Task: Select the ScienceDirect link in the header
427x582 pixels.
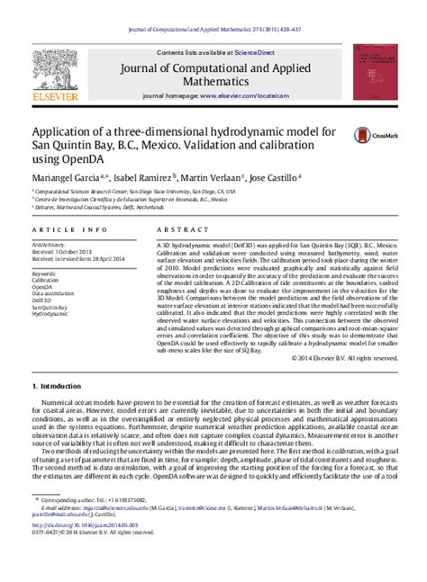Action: (x=256, y=54)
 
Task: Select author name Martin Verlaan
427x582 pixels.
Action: (x=212, y=177)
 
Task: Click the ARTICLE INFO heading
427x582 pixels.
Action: (x=61, y=230)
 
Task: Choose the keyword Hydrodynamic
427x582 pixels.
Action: (x=50, y=315)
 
